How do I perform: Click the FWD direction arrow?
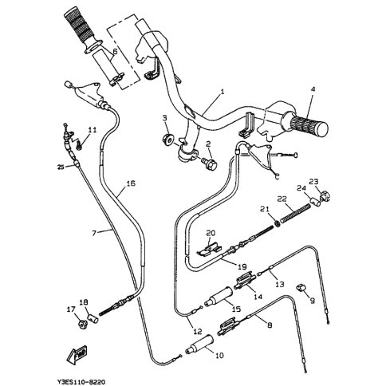(77, 354)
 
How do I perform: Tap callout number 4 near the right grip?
(313, 89)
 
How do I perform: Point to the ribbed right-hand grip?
(309, 125)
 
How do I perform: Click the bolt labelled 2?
(209, 163)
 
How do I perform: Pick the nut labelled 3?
(168, 139)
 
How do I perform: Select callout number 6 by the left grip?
(115, 52)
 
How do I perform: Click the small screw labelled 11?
(79, 145)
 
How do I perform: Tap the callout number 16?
(131, 183)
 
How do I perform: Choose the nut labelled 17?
(83, 324)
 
